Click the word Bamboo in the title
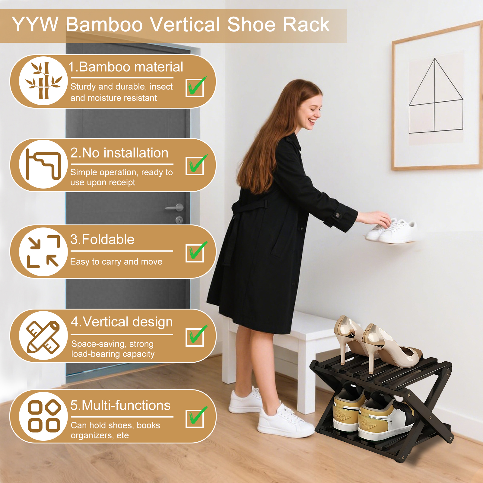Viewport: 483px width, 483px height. (104, 24)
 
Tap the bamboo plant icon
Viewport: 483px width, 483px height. (44, 81)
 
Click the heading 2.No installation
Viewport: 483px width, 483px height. (119, 153)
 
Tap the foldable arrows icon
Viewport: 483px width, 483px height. (43, 252)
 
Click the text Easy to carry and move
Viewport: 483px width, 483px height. (116, 262)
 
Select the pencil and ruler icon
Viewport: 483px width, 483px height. (43, 336)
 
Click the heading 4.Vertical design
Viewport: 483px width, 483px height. (122, 322)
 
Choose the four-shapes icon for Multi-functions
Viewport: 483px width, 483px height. (44, 416)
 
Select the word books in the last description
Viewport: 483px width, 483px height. (148, 425)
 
